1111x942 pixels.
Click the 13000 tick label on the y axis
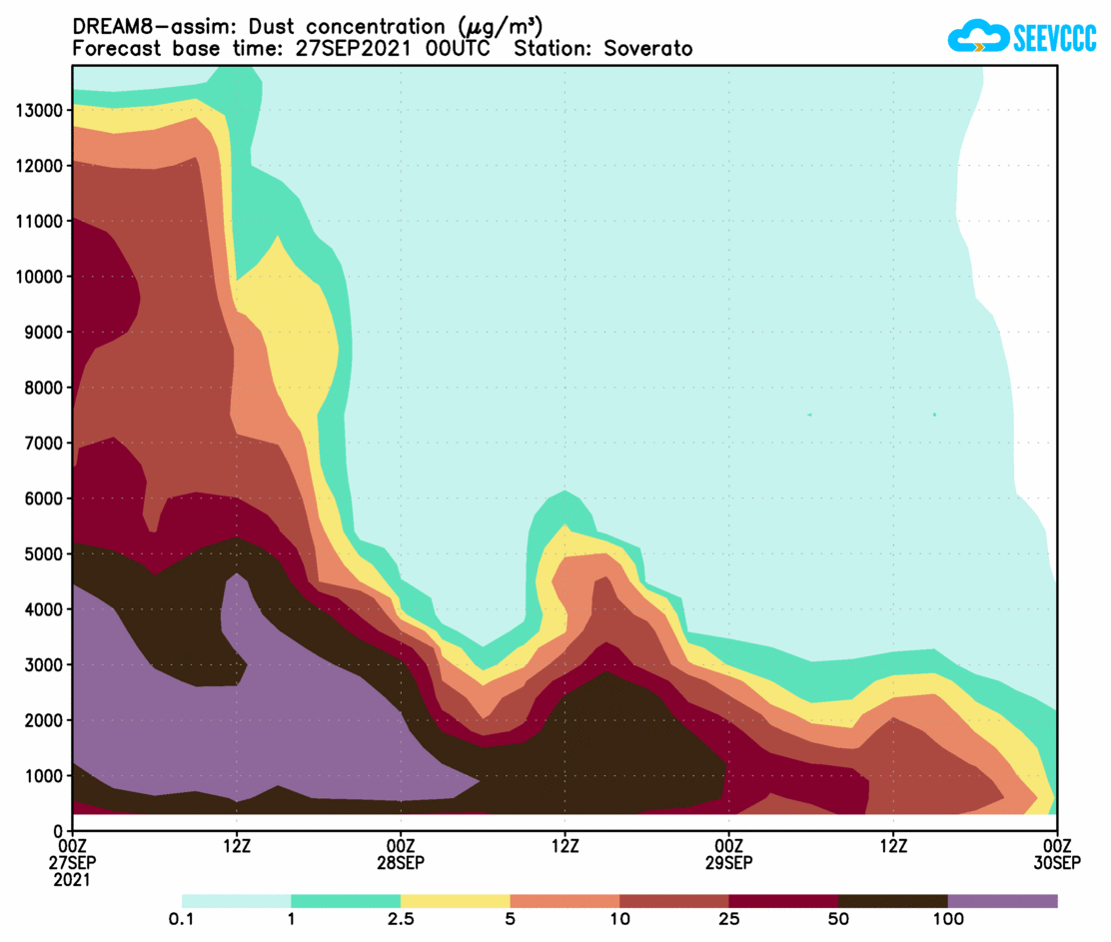click(38, 110)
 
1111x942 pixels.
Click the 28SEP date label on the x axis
click(401, 862)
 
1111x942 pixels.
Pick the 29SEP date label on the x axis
click(729, 862)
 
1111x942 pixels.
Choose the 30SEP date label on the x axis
click(1057, 862)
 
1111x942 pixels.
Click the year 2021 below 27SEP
click(72, 880)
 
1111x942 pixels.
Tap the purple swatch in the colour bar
click(1002, 901)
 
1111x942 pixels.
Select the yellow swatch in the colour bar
click(455, 901)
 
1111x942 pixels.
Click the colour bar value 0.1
click(182, 920)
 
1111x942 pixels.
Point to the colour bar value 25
click(730, 920)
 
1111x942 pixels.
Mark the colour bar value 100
click(948, 920)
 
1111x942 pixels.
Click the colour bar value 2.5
click(401, 920)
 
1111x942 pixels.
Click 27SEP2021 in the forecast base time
click(346, 49)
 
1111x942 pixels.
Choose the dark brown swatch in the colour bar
click(893, 901)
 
